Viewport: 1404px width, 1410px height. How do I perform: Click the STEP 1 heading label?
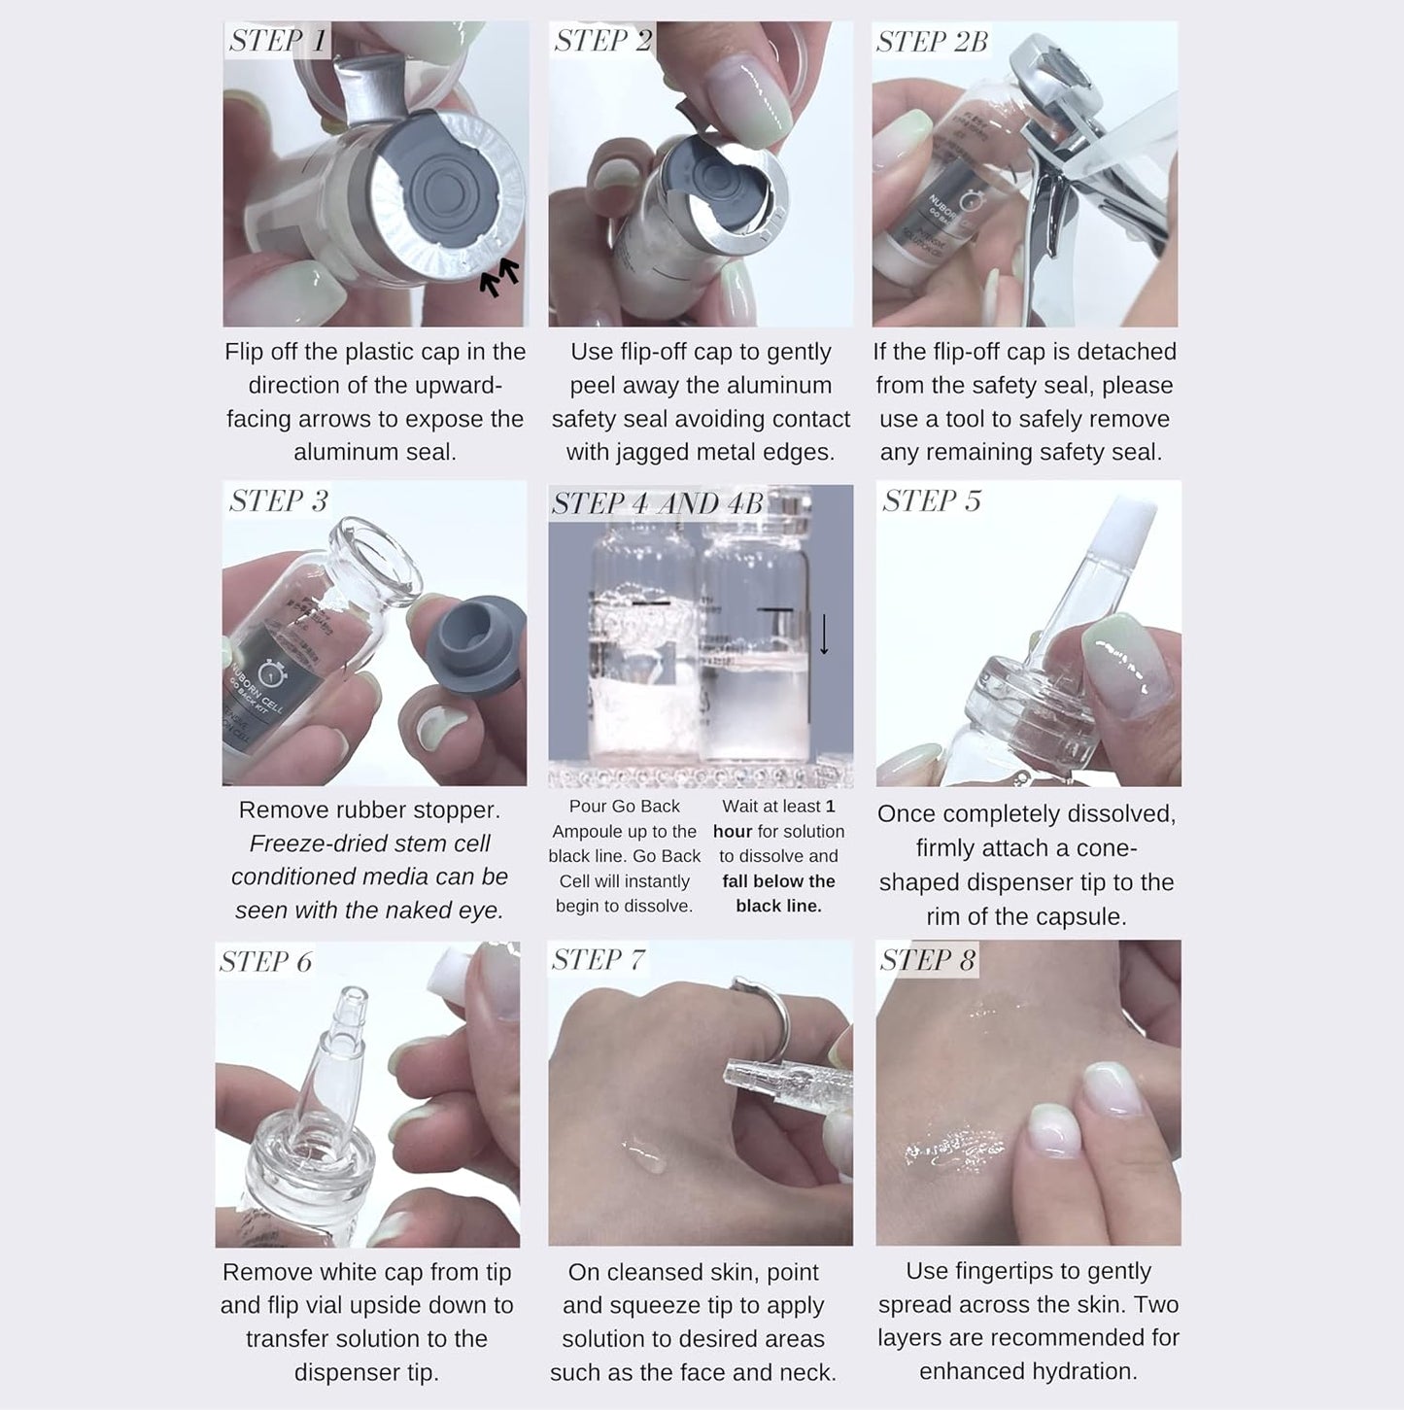click(x=278, y=41)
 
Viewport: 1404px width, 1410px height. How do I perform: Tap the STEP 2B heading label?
click(x=931, y=42)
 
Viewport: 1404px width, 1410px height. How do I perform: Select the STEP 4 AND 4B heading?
click(x=657, y=502)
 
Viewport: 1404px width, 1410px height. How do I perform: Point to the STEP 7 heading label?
click(x=598, y=960)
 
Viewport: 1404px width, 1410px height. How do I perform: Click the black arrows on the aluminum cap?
click(x=499, y=276)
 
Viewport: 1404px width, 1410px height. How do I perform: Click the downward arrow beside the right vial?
click(x=824, y=634)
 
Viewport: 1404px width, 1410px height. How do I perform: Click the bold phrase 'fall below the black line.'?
click(x=778, y=893)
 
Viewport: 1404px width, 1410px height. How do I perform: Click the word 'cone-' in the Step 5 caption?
click(x=1088, y=848)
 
